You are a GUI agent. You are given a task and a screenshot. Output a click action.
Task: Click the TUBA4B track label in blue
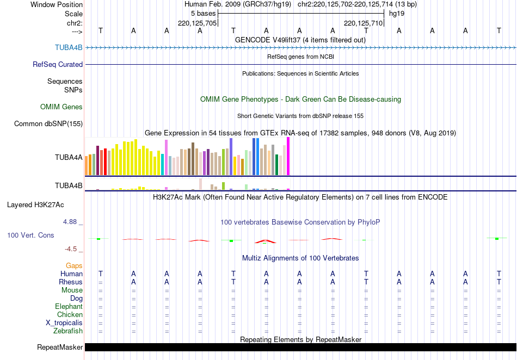coord(69,47)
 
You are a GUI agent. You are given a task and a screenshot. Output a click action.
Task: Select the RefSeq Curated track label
coord(58,64)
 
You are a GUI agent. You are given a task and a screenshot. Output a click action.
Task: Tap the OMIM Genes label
coord(61,107)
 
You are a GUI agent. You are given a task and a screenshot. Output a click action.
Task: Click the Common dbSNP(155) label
coord(48,124)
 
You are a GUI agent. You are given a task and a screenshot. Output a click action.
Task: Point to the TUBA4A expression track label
coord(69,158)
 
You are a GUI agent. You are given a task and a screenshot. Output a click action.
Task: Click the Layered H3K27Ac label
coord(35,205)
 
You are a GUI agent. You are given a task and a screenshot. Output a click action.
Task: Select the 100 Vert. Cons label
coord(30,235)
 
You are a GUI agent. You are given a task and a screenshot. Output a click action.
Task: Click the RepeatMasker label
coord(60,347)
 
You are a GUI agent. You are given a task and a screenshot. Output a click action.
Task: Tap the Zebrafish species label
coord(67,331)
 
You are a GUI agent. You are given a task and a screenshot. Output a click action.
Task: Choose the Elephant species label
coord(69,307)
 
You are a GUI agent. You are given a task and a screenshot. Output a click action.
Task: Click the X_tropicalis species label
coord(64,322)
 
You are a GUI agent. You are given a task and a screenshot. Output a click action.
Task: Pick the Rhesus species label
coord(70,282)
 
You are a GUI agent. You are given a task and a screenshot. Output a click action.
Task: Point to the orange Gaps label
coord(74,265)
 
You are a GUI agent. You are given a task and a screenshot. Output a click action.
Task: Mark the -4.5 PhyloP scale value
coord(71,249)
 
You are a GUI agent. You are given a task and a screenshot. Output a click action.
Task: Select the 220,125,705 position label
coord(198,23)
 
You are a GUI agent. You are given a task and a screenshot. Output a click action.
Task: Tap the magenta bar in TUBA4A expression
coord(288,157)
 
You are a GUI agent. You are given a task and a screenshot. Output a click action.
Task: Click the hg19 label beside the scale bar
coord(396,14)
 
